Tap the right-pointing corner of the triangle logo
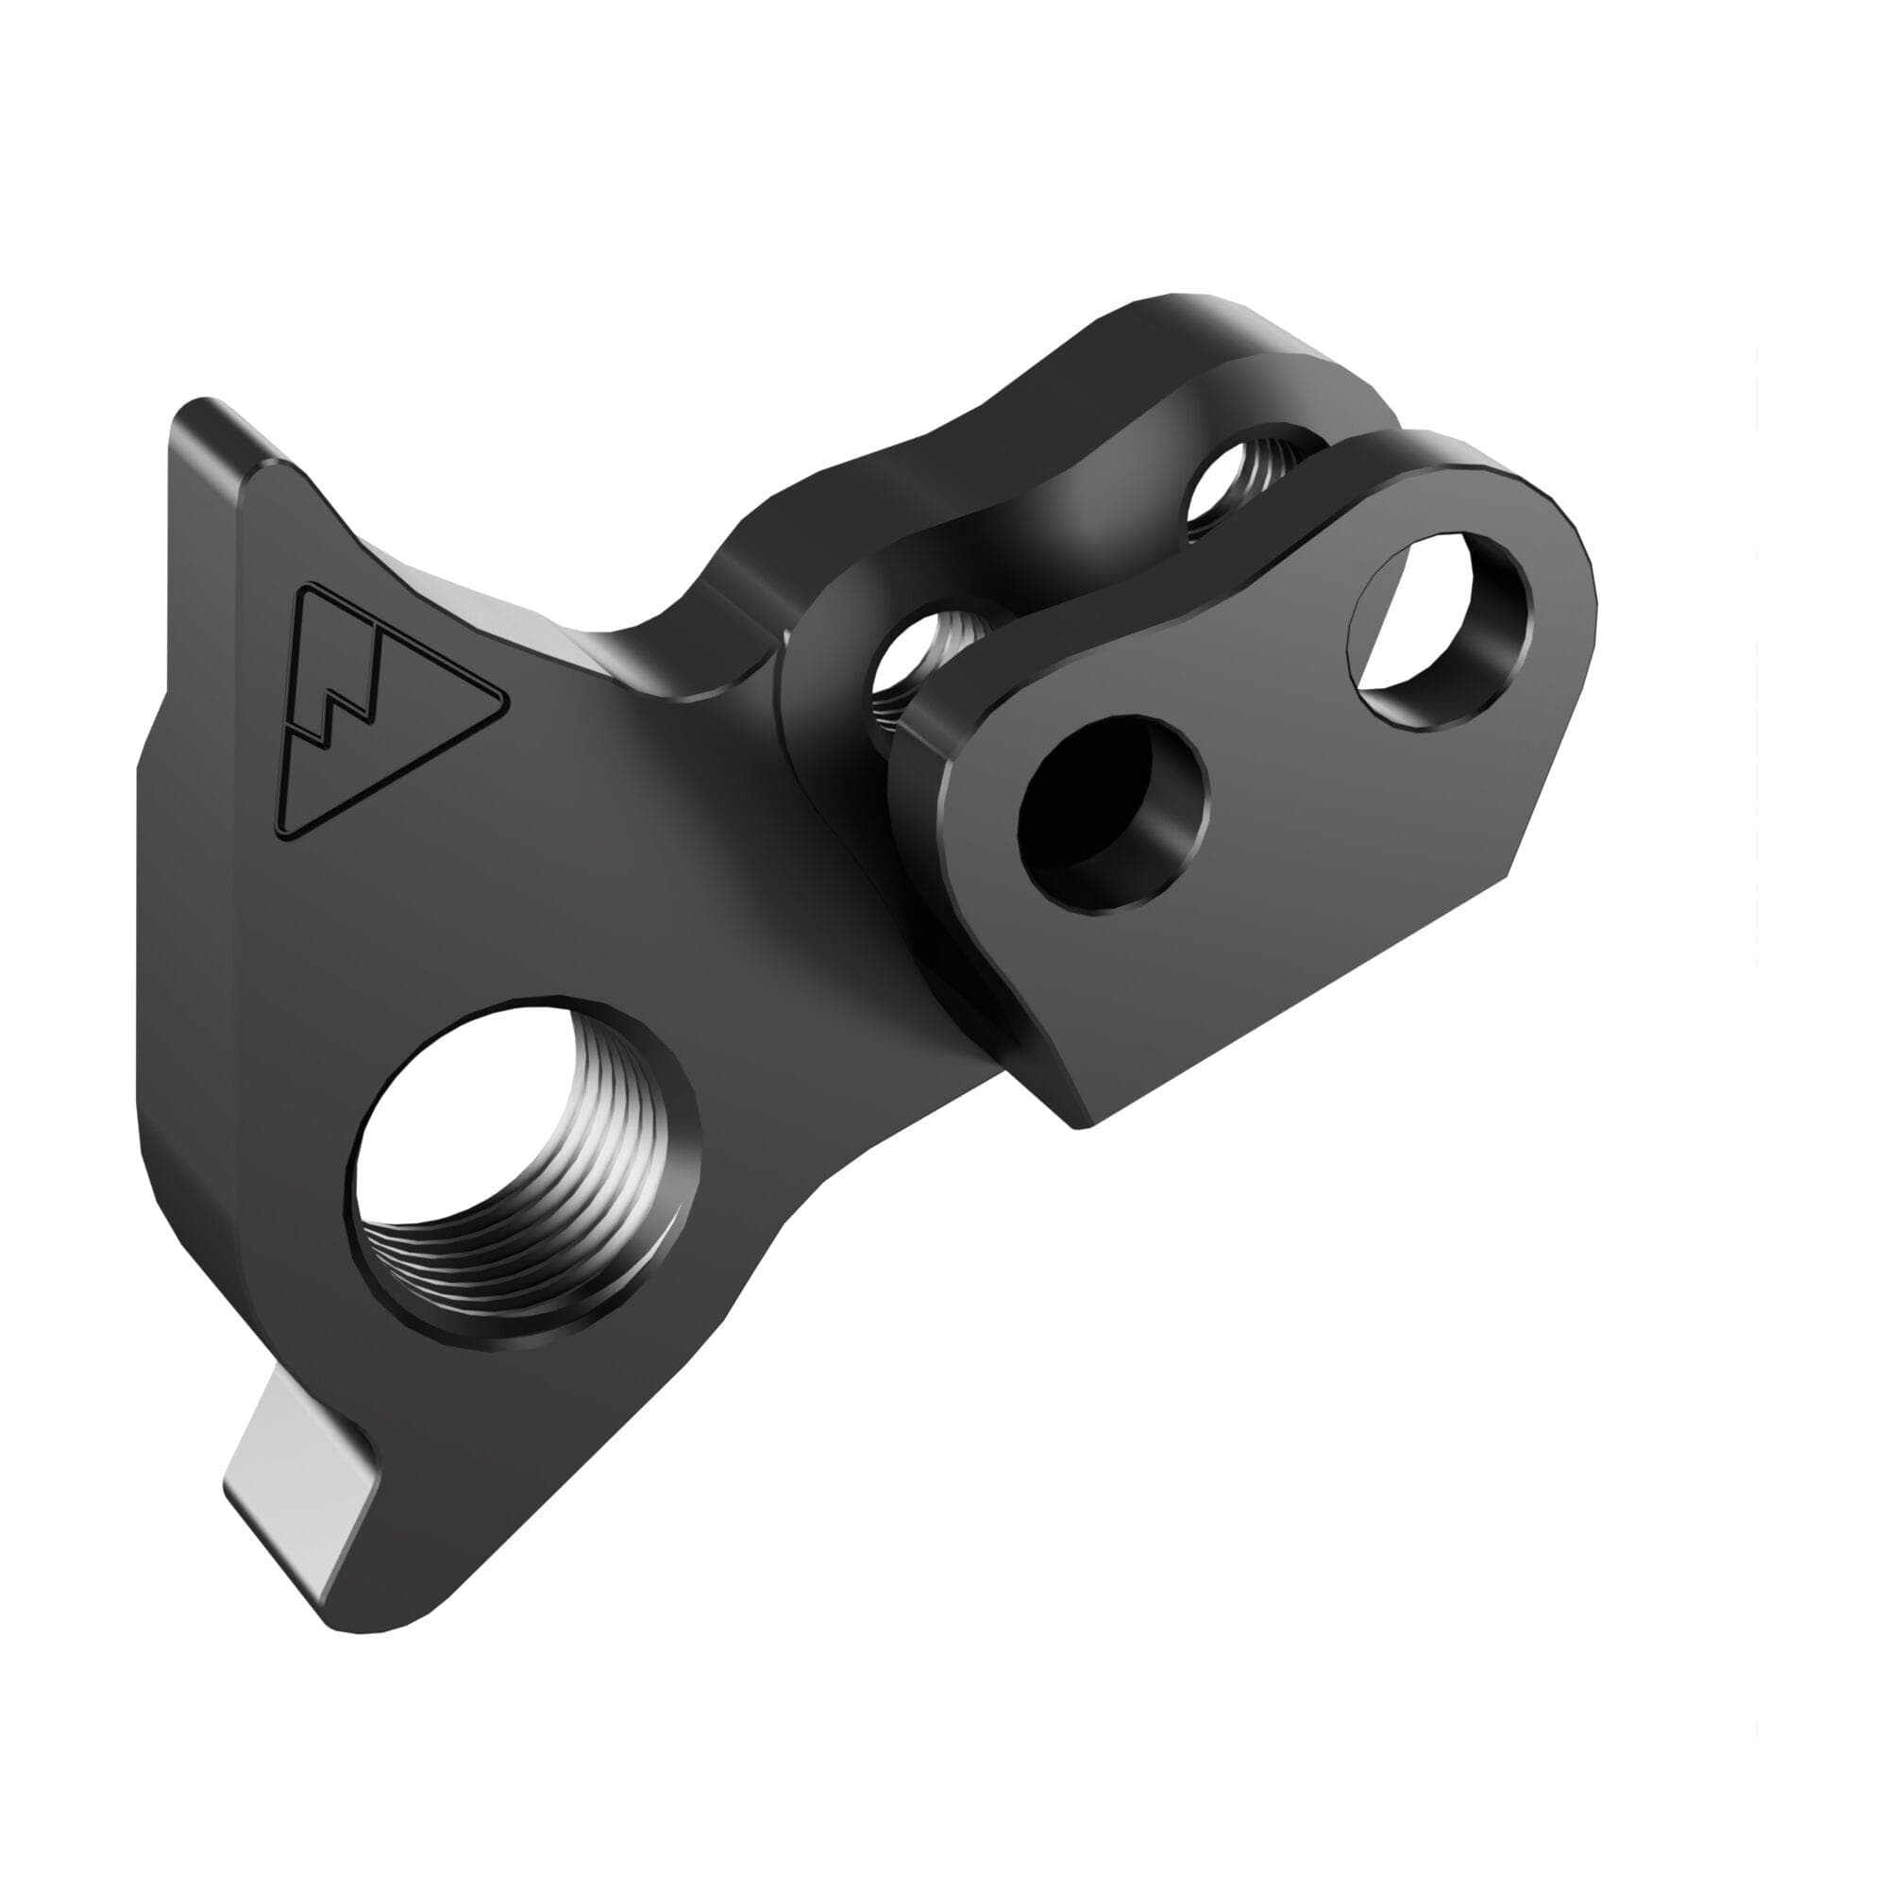click(502, 700)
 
